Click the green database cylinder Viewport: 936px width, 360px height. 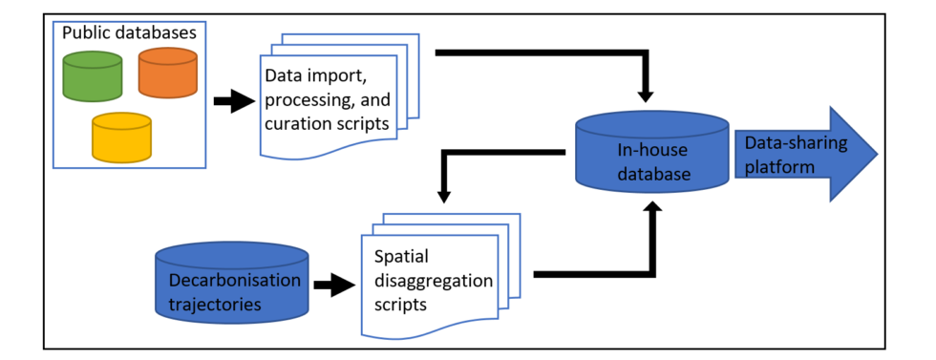[x=93, y=76]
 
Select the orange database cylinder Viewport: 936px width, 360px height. [x=167, y=74]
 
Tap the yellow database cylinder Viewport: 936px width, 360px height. [x=121, y=138]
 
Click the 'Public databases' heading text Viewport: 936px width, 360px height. [x=129, y=32]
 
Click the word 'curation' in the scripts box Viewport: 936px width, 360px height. [x=298, y=122]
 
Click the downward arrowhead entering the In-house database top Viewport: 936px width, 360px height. [x=647, y=95]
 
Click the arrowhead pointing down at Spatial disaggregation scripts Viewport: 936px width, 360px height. [x=444, y=195]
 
